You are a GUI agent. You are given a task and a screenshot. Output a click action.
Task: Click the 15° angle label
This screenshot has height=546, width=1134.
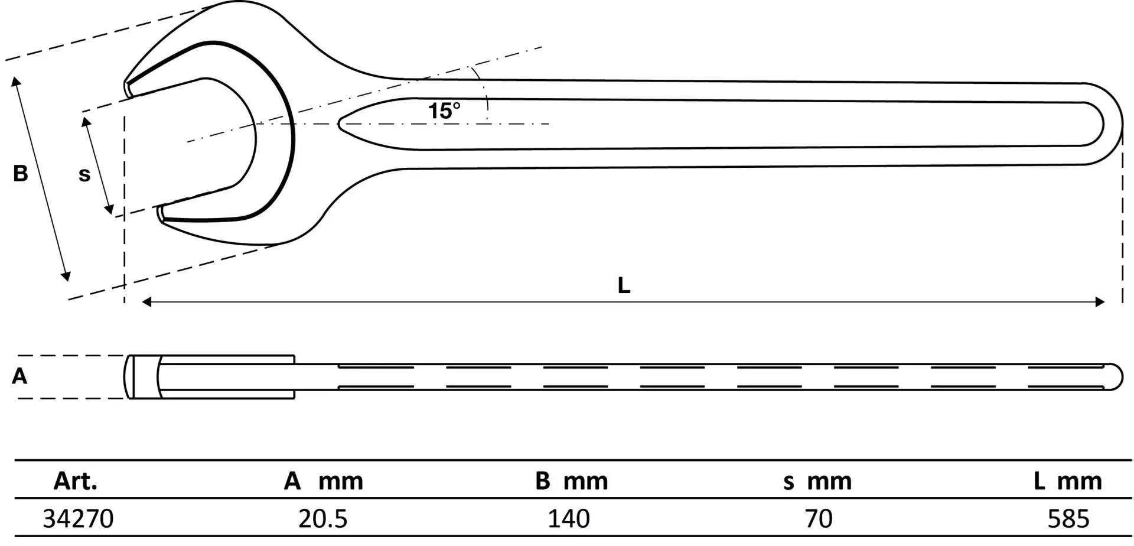click(444, 110)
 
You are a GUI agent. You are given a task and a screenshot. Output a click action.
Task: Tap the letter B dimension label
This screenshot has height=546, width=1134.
click(21, 174)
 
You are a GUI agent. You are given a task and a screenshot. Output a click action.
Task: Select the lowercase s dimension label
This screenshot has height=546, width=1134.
click(84, 175)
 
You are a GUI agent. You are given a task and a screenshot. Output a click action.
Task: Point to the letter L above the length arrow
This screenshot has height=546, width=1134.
click(624, 286)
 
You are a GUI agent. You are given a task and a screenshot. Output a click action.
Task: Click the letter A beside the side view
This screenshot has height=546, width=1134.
click(19, 376)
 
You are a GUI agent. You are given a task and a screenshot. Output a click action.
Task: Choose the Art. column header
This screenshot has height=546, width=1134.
click(76, 482)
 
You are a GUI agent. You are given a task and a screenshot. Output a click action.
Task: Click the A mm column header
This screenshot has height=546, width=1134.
click(324, 482)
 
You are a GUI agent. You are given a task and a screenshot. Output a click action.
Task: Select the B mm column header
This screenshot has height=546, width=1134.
click(572, 482)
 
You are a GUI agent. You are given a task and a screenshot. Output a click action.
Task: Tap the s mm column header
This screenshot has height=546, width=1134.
click(818, 482)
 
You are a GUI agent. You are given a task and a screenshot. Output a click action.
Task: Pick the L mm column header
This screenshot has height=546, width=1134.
click(1068, 482)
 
